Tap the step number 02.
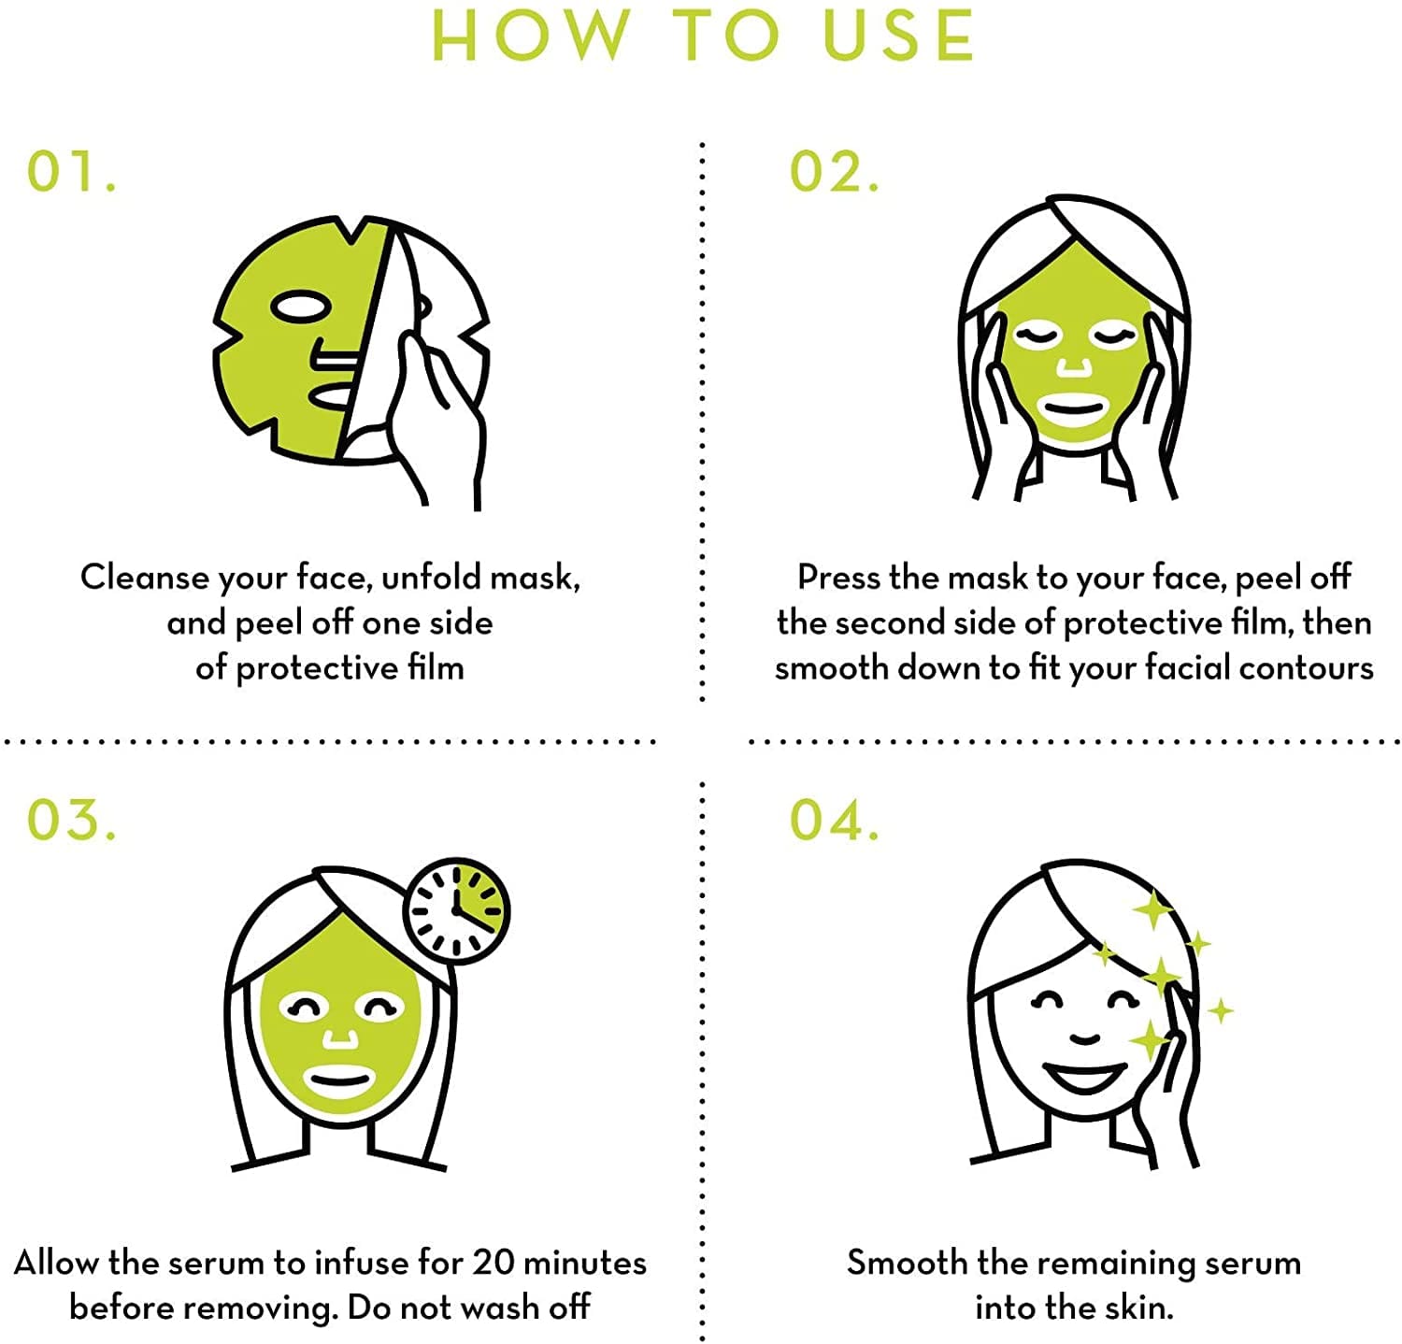click(835, 171)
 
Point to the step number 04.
click(835, 820)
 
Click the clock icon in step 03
click(457, 910)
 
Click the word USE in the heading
click(899, 36)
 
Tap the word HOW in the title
click(531, 36)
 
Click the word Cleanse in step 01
click(145, 577)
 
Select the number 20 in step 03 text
click(493, 1263)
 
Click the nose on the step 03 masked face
click(339, 1037)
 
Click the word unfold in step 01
click(431, 577)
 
